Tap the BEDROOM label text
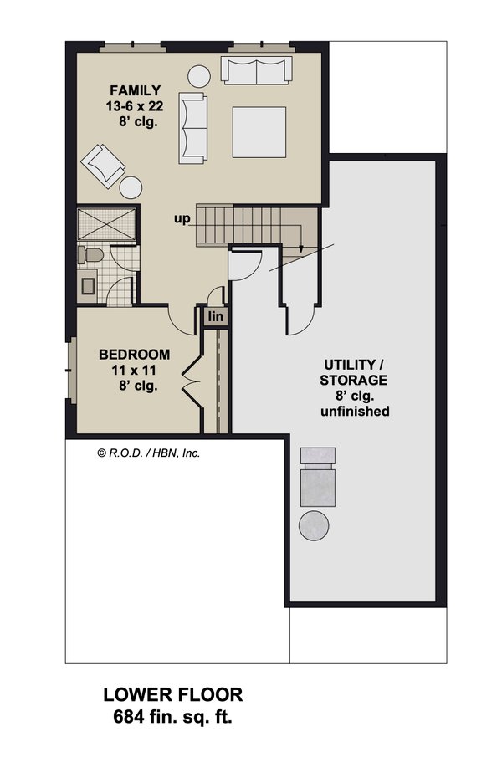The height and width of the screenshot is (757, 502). tap(134, 355)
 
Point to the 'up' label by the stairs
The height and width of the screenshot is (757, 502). tap(183, 219)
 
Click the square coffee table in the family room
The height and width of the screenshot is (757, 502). tap(259, 132)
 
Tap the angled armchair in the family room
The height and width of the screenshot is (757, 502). tap(103, 164)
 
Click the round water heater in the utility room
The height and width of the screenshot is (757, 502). tap(314, 525)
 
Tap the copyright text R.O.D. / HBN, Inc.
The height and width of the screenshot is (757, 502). tap(149, 453)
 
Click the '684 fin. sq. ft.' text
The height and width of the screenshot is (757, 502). tap(172, 717)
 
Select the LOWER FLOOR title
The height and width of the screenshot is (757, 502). tap(172, 694)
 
